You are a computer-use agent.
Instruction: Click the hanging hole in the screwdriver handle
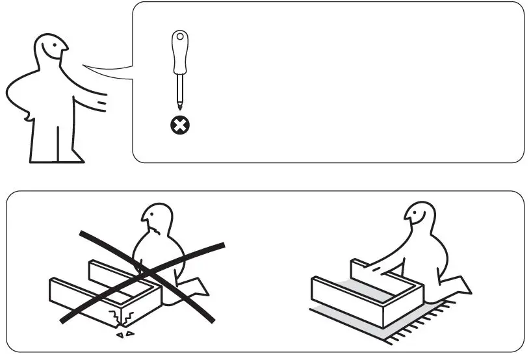point(179,37)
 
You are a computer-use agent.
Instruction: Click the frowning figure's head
point(156,222)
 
